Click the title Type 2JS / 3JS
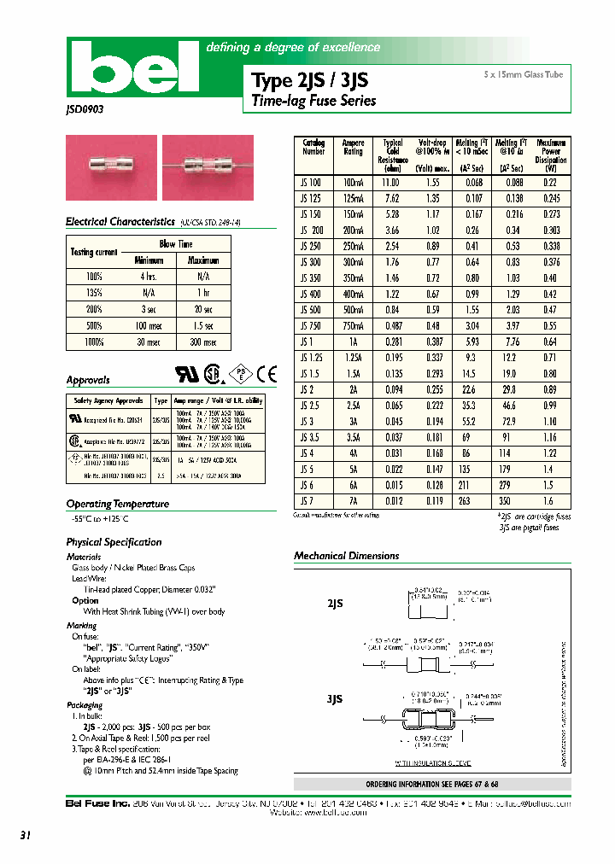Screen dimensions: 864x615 point(309,81)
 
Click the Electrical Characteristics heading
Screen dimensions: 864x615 point(120,222)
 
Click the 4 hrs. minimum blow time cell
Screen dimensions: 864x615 point(148,277)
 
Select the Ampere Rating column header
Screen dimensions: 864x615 point(353,148)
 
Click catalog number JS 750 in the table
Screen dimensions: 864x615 point(312,326)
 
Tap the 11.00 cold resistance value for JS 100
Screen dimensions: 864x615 point(391,183)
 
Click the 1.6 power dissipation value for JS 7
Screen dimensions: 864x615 point(551,502)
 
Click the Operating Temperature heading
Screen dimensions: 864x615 point(117,504)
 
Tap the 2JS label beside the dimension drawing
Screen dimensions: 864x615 point(336,603)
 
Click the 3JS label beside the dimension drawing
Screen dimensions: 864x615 point(335,699)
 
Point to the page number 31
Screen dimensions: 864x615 point(25,837)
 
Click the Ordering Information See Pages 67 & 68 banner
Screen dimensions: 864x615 point(431,784)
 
